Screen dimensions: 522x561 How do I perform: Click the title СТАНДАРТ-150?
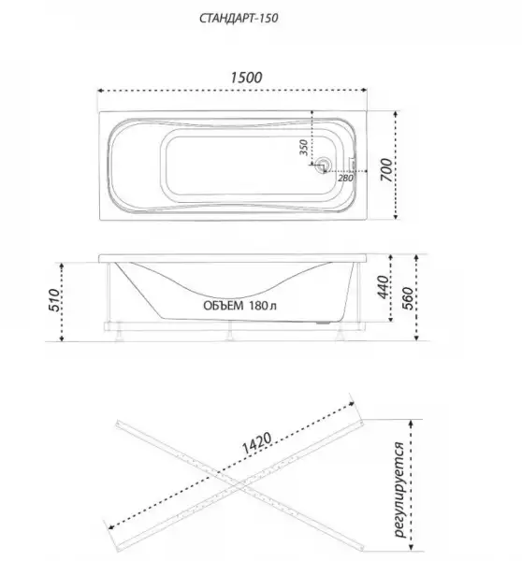239,18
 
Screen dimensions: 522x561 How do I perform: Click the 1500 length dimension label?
246,78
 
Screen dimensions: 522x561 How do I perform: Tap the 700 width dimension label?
386,169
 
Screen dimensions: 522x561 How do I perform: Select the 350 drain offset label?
303,147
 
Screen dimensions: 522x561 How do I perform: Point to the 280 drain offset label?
345,178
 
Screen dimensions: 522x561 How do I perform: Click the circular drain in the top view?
324,165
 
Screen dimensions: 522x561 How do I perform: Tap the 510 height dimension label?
54,300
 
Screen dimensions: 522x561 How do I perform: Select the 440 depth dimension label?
383,287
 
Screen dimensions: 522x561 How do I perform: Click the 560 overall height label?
408,298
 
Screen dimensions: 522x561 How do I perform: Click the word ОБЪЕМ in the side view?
224,306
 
